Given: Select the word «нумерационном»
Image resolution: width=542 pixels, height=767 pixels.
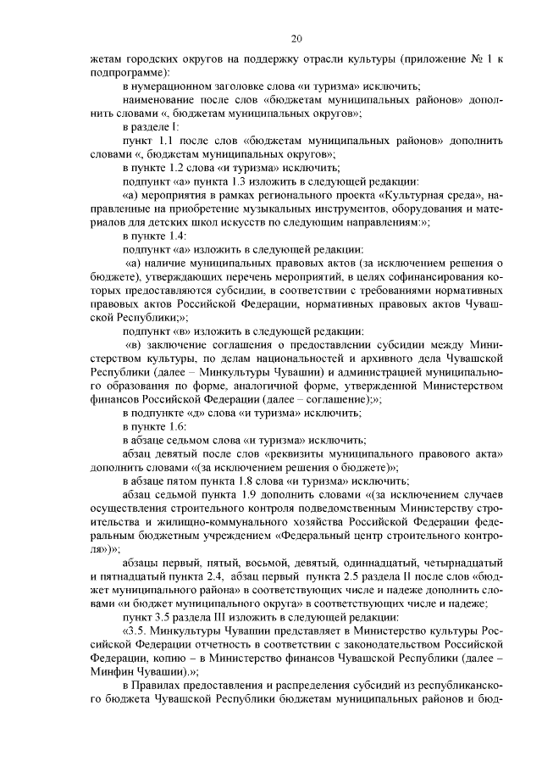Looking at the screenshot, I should pos(183,86).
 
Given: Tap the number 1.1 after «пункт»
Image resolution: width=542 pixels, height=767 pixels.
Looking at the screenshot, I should pos(162,138).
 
